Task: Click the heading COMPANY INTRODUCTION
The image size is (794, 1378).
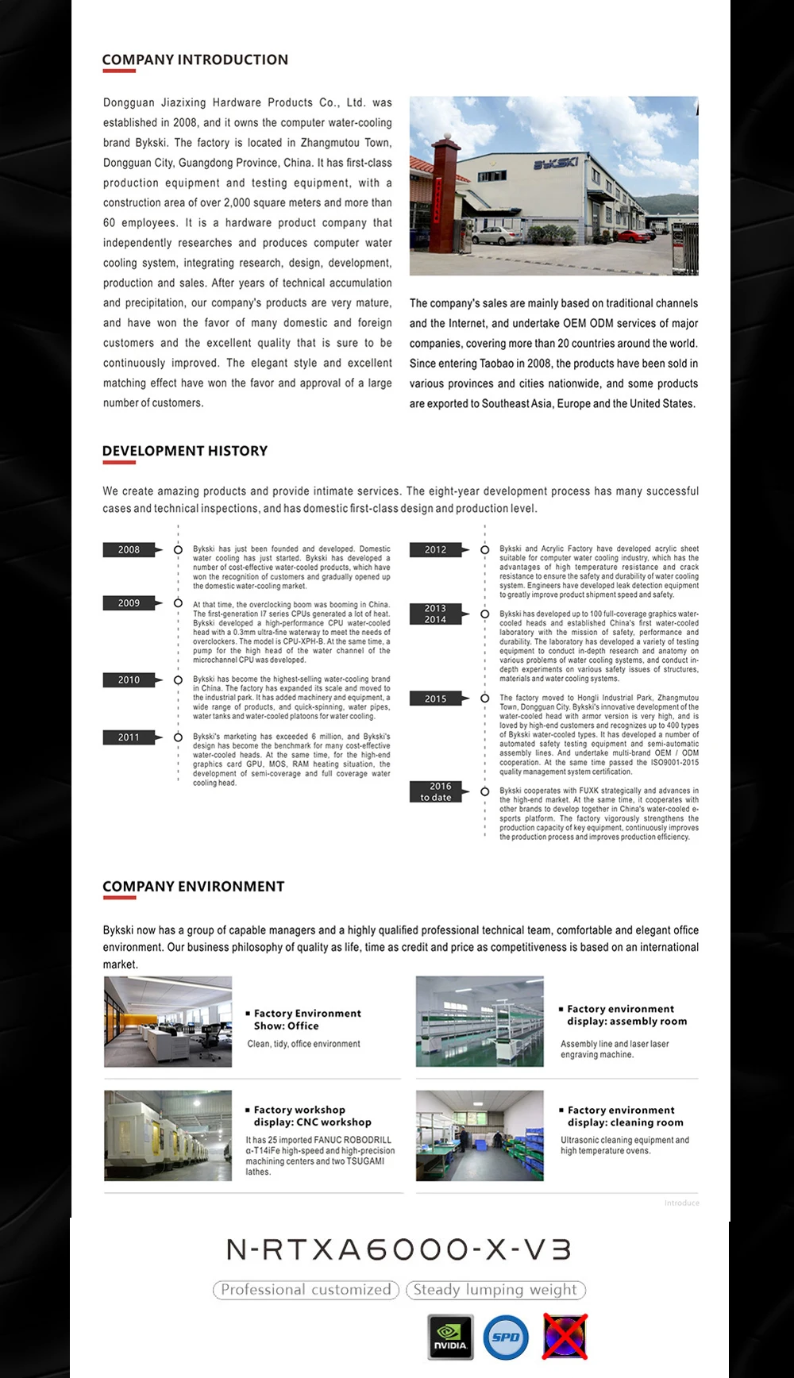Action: (195, 60)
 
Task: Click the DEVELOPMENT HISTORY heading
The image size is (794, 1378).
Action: (184, 451)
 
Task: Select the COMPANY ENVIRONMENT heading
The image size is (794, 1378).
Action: (193, 887)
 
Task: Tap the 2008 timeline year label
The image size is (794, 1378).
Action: (129, 549)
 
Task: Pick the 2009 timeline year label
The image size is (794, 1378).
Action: (129, 603)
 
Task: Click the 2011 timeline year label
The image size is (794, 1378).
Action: (129, 737)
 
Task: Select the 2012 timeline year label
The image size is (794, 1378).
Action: (435, 549)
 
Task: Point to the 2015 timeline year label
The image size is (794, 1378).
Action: (435, 699)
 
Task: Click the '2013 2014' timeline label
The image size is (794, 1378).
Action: (435, 614)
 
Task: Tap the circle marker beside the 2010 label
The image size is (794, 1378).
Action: (178, 680)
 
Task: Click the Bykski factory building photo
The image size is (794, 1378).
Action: (553, 186)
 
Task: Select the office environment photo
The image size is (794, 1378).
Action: (168, 1022)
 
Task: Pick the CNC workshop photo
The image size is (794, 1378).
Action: (168, 1136)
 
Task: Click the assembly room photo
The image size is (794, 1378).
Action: (480, 1022)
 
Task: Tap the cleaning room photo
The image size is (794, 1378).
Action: (480, 1136)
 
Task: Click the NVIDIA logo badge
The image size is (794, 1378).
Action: (450, 1337)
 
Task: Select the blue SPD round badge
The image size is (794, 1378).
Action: (506, 1337)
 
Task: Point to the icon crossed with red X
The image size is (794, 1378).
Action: (565, 1336)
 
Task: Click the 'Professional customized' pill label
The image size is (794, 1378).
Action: (306, 1290)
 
